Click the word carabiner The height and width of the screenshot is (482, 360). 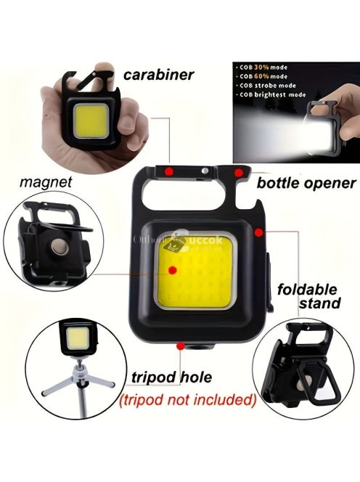[x=159, y=73]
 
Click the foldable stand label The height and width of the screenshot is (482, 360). [x=309, y=295]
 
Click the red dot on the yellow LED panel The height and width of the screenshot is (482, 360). [x=173, y=270]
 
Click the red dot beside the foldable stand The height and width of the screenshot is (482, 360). [x=258, y=232]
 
